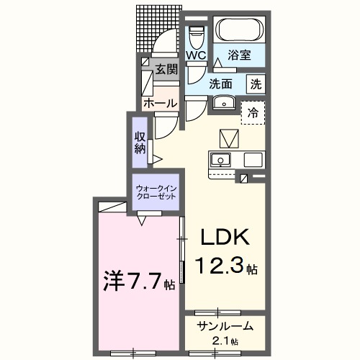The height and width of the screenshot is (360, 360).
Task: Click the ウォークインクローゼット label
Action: click(x=156, y=193)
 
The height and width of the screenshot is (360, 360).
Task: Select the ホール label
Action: click(x=160, y=103)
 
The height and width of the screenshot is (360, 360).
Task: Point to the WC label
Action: click(x=197, y=55)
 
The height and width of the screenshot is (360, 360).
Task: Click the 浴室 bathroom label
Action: click(x=240, y=53)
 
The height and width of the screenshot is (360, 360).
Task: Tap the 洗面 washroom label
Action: click(x=222, y=83)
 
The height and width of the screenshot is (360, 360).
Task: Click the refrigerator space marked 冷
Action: click(x=253, y=112)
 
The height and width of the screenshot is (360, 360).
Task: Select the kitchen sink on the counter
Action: click(x=220, y=159)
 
